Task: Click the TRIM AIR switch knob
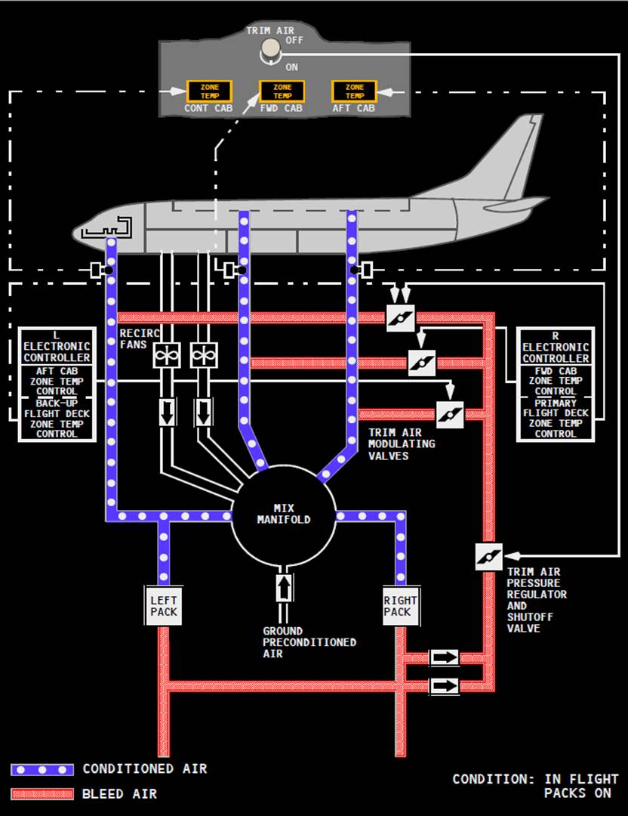(269, 50)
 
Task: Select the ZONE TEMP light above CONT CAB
(209, 91)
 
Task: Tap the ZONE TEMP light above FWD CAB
(282, 91)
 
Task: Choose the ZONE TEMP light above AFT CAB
(354, 91)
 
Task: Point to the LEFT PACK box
(164, 605)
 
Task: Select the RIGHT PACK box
(399, 605)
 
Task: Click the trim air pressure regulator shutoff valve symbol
(488, 557)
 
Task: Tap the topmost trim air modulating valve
(401, 317)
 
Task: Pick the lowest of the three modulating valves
(450, 415)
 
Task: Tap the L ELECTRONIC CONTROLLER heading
(57, 347)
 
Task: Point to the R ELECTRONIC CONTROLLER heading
(556, 347)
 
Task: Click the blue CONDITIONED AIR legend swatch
(42, 769)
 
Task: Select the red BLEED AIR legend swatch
(42, 794)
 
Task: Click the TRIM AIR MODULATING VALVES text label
(401, 444)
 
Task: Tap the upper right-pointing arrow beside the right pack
(444, 657)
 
